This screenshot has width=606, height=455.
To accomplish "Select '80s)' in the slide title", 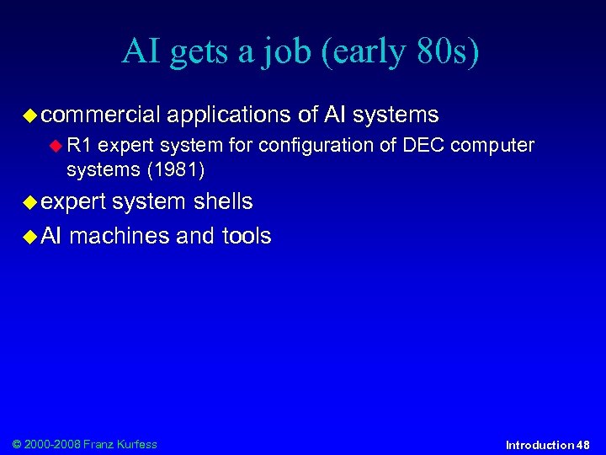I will [445, 51].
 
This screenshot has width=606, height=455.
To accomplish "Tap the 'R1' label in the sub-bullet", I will [80, 146].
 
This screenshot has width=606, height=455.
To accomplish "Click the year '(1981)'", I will [176, 169].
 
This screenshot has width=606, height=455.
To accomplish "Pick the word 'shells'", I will [223, 202].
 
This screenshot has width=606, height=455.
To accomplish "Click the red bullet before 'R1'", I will [56, 146].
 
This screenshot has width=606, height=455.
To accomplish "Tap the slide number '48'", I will [583, 445].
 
